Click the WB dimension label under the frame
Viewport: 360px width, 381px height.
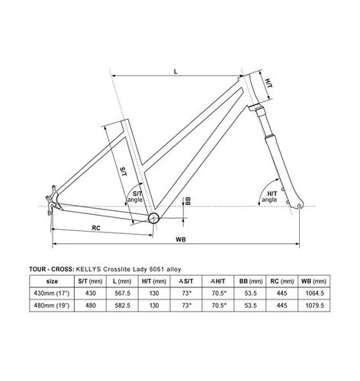181,239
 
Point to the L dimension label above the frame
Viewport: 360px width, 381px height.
176,72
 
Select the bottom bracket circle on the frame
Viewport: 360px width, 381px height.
154,218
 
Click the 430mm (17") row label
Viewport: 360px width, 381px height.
76,293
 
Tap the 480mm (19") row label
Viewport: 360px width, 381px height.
76,306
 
